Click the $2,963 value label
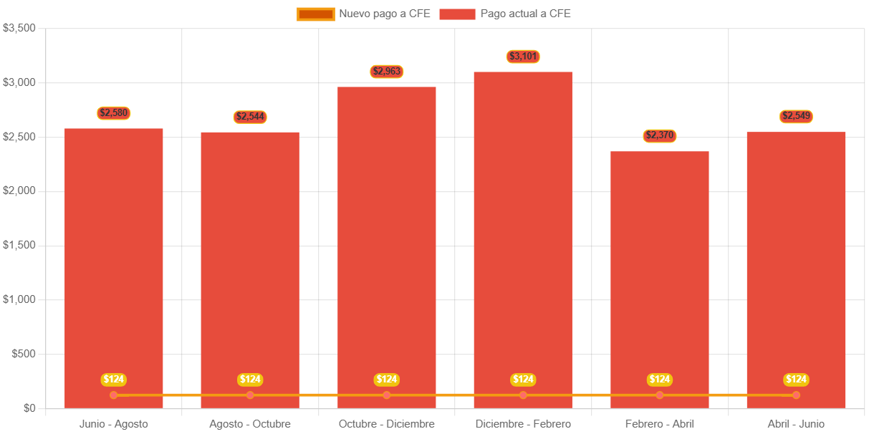(x=387, y=72)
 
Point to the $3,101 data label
(x=523, y=57)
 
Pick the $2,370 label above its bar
(x=659, y=135)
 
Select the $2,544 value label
(x=250, y=117)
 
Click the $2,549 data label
(x=796, y=116)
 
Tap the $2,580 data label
(x=114, y=113)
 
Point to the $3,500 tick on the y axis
(x=20, y=28)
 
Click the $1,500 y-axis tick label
(x=20, y=245)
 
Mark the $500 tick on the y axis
(x=24, y=354)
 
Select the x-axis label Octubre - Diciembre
(x=387, y=424)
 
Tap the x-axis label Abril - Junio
(x=796, y=424)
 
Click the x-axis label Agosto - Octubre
(x=250, y=424)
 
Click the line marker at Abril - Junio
(x=796, y=395)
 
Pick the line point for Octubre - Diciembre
(x=387, y=395)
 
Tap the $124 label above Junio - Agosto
(x=114, y=380)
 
